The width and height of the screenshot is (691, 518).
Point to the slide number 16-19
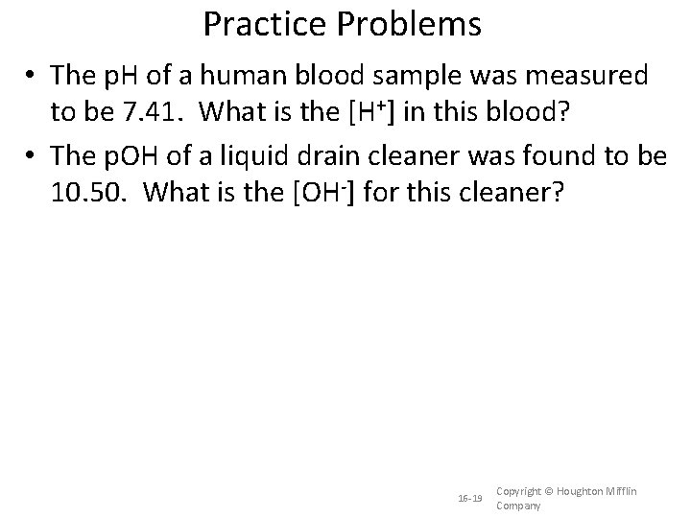coord(471,499)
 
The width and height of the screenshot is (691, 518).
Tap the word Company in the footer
coord(518,506)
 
